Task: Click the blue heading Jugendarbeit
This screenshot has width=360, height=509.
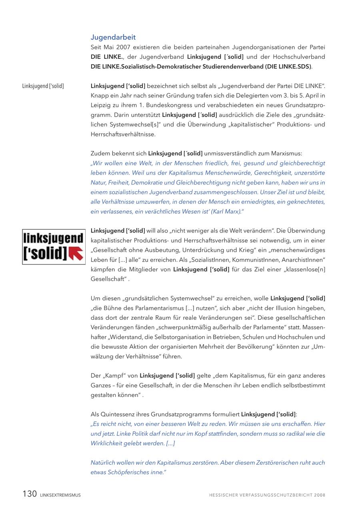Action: click(x=113, y=37)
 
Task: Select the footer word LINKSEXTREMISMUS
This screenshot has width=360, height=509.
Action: click(x=60, y=495)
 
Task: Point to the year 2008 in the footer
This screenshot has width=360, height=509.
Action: click(x=320, y=495)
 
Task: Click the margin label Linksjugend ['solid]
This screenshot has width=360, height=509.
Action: click(x=43, y=86)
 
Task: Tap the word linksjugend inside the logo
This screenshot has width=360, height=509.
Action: click(x=54, y=238)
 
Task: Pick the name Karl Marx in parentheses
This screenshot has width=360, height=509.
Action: click(x=224, y=212)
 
